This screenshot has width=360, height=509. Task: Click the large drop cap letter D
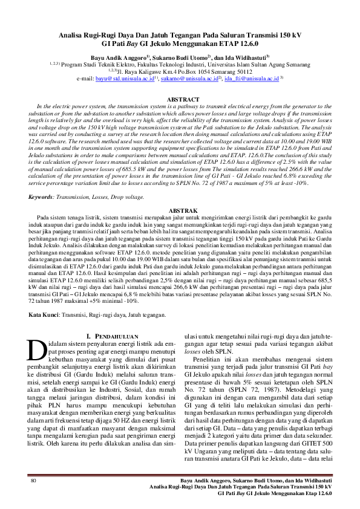38,350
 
